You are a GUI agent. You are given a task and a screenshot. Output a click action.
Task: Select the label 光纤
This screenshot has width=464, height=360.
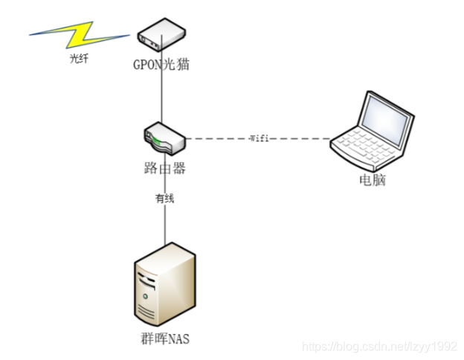pyautogui.click(x=79, y=59)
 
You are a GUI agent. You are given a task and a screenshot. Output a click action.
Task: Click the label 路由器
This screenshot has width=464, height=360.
pyautogui.click(x=164, y=167)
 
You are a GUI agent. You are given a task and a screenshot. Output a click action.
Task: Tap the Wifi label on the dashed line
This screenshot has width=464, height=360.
pyautogui.click(x=259, y=138)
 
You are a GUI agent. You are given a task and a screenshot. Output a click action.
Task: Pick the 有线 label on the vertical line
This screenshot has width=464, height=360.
pyautogui.click(x=165, y=199)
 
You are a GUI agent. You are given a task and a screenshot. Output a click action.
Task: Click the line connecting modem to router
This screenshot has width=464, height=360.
pyautogui.click(x=162, y=89)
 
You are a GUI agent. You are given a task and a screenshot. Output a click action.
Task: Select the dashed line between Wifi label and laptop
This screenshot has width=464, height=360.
pyautogui.click(x=301, y=138)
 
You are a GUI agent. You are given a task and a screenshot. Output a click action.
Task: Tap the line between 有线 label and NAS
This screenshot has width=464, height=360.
pyautogui.click(x=165, y=223)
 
